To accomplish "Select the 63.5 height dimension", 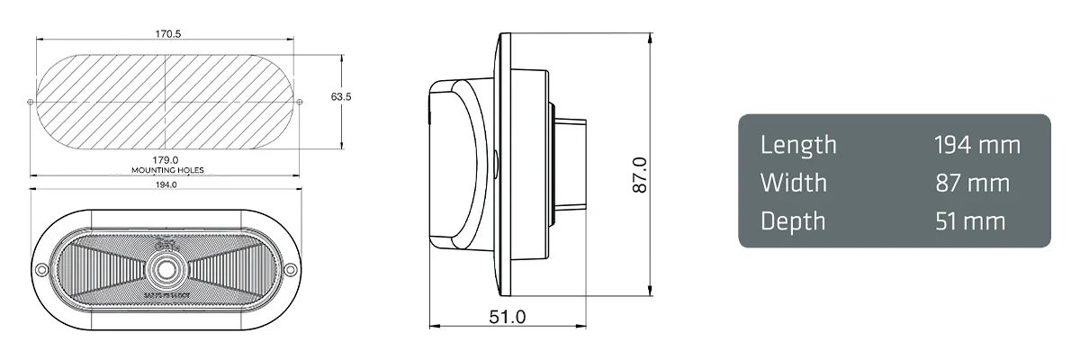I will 341,95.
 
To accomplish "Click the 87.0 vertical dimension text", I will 639,175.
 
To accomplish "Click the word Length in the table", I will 798,145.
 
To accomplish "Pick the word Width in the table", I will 793,183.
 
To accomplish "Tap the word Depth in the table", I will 793,221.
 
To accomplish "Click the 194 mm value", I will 976,145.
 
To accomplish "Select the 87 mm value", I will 972,183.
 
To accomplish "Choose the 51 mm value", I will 970,221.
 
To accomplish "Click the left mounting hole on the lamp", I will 41,271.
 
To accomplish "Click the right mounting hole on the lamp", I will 291,271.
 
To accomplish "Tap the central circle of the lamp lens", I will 166,269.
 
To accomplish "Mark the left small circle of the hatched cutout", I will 31,100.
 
